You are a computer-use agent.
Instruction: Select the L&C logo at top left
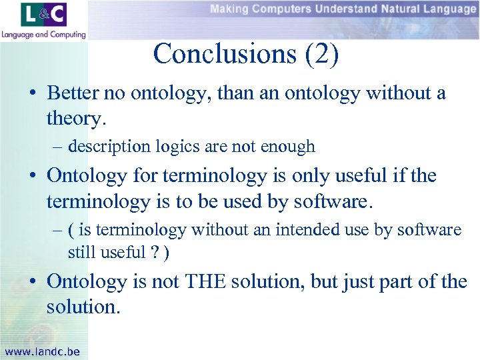43,15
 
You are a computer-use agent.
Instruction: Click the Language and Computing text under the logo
43,34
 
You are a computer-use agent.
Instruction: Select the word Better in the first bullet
73,93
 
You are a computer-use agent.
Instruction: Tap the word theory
71,118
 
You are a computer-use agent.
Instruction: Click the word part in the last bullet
419,282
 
